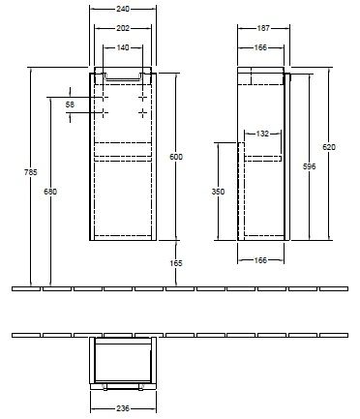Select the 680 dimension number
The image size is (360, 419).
(50, 192)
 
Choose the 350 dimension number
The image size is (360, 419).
(219, 192)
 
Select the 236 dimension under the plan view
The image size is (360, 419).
(121, 408)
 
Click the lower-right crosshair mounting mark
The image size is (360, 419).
(142, 114)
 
